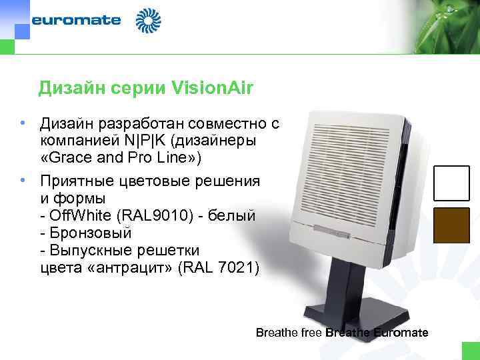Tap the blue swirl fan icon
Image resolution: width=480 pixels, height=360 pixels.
pos(148,21)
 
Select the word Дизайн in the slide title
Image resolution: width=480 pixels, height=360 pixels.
pos(67,87)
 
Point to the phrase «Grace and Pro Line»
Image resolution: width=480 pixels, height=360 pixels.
pos(124,158)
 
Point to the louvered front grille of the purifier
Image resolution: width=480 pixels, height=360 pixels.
pos(347,170)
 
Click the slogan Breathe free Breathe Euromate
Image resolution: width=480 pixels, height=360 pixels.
pos(342,332)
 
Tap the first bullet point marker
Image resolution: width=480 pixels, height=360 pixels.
pos(23,123)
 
